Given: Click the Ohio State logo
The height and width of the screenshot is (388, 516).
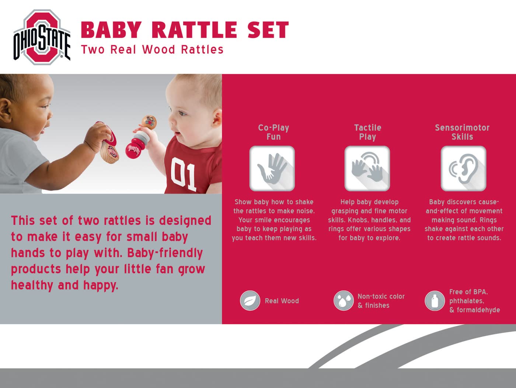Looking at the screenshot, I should coord(42,37).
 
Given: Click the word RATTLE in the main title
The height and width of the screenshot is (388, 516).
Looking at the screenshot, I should coord(194,30).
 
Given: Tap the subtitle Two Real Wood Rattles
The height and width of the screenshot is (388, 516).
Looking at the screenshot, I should coord(152,49).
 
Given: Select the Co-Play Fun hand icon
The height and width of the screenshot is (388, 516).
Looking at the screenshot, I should coord(272,168).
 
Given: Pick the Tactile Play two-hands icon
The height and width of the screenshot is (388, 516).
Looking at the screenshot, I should coord(367,168).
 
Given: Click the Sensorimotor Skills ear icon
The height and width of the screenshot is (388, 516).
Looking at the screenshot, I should coord(463,168).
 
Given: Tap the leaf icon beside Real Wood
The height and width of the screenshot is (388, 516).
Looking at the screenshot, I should coord(250,301).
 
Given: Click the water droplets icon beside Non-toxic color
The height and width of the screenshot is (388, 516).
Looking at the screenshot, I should coord(344,301).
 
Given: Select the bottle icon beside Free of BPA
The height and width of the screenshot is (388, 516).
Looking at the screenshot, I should coord(435,301).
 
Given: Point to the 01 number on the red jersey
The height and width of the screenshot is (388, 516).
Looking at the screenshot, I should coord(183,174).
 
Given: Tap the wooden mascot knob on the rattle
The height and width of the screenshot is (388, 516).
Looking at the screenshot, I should coord(149,122).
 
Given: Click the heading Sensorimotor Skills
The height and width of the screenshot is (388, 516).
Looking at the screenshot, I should coord(462,132).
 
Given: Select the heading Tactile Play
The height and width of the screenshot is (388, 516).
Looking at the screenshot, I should coord(367,132).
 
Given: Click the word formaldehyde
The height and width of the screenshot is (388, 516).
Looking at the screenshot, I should coord(478,310).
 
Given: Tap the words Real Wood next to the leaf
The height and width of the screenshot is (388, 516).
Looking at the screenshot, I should coord(282,301).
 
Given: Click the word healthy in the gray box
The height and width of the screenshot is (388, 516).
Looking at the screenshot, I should coord(32,285).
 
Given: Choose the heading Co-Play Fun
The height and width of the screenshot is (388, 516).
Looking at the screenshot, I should coord(273,132).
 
